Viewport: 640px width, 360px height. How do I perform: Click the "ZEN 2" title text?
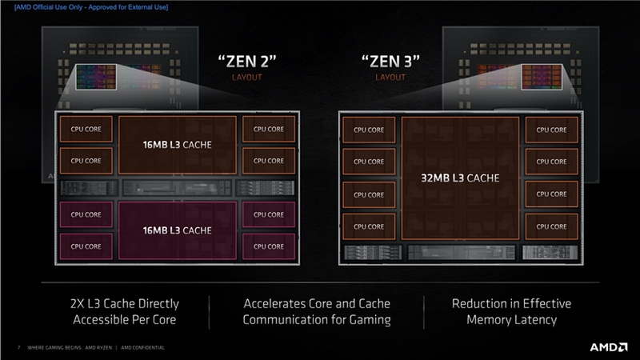247,62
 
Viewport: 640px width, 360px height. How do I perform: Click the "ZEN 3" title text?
390,62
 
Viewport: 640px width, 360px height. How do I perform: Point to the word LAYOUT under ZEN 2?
247,78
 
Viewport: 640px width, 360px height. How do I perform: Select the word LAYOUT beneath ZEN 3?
390,78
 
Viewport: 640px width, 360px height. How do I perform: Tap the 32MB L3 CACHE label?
460,178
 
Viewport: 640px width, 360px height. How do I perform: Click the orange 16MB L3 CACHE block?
177,145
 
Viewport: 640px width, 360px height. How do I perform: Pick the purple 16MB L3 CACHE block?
177,230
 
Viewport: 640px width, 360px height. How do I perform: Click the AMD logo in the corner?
609,347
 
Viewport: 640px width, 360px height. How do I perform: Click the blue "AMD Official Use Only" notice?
91,7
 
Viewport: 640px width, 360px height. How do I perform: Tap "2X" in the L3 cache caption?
78,304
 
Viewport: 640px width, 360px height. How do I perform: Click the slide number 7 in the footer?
18,348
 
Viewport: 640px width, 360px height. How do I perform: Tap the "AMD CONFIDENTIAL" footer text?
143,348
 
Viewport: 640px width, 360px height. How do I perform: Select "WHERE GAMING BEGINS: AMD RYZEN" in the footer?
70,348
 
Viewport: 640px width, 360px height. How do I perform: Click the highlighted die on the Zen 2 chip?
96,77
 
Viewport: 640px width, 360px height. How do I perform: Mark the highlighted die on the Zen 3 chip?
542,77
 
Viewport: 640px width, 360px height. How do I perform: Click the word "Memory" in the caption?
486,320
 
